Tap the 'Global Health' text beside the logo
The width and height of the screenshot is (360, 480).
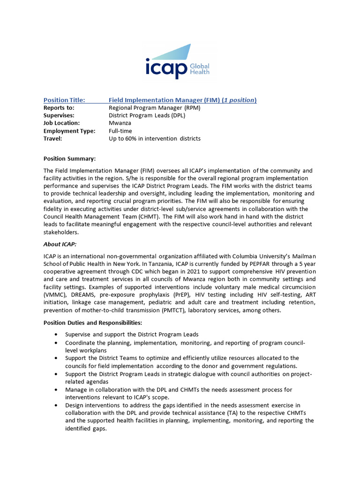pos(199,69)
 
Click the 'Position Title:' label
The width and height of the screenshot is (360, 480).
pos(64,100)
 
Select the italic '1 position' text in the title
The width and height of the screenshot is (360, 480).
pos(239,100)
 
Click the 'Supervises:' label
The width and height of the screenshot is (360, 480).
pos(59,115)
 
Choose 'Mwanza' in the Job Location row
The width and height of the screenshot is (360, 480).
pos(120,123)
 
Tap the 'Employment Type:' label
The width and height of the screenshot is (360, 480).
pos(69,131)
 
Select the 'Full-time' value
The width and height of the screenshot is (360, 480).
pos(120,131)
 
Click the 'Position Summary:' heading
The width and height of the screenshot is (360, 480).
pos(69,158)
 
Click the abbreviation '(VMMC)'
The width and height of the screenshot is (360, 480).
pos(55,294)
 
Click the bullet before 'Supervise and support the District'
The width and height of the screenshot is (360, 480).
pos(56,334)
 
